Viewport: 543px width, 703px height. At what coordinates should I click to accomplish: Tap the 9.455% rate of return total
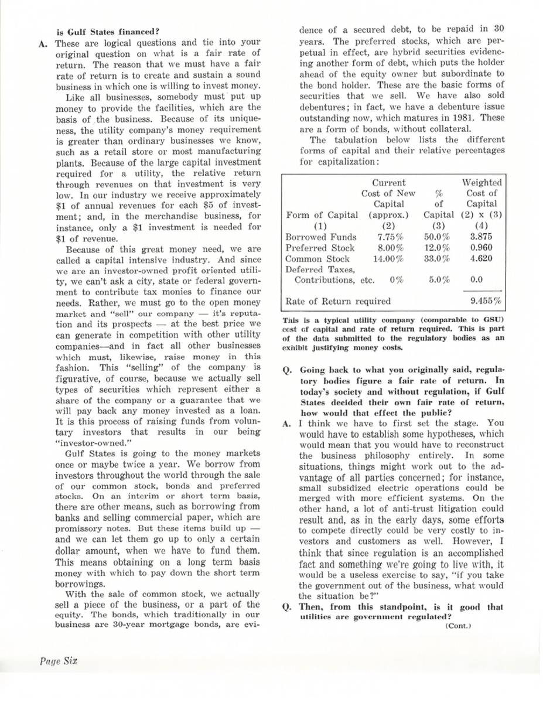tap(487, 302)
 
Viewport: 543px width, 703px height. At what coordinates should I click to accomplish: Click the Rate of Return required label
tap(337, 302)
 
